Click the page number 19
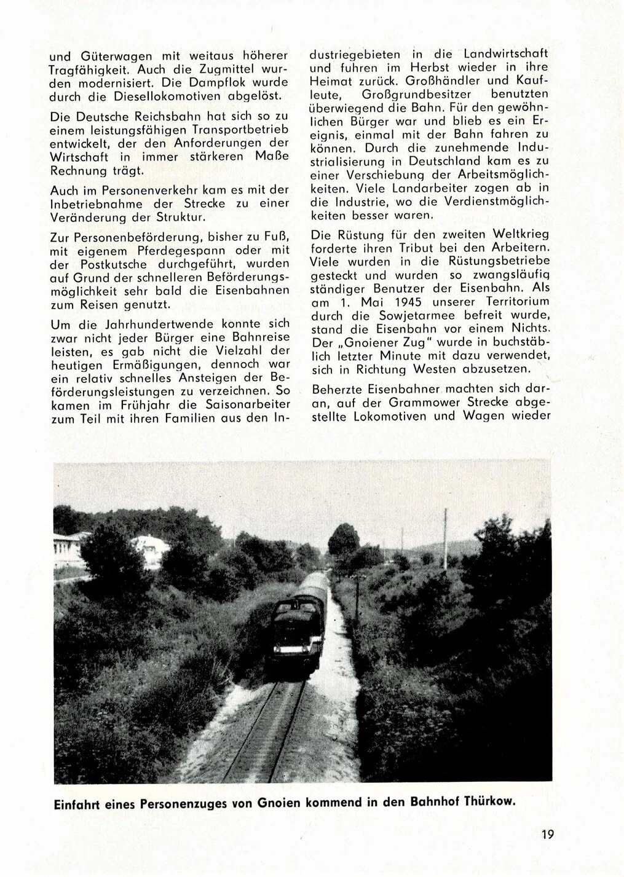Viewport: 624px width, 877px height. coord(548,834)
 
